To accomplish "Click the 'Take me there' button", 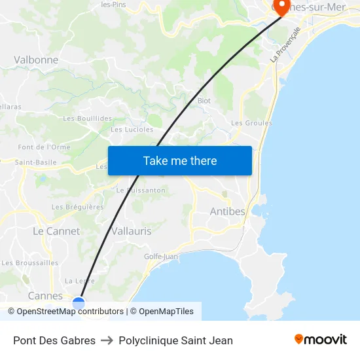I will [x=180, y=161].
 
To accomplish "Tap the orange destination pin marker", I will [x=281, y=6].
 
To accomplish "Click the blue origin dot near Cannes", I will [x=79, y=302].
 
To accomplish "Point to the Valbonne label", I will [x=36, y=60].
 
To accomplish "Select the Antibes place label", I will [x=227, y=211].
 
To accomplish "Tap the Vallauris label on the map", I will [x=131, y=231].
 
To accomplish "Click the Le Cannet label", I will [x=56, y=231].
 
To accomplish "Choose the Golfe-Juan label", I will [x=161, y=257].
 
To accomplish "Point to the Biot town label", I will [x=204, y=101].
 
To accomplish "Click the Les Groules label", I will [x=252, y=123].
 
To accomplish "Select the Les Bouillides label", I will [x=88, y=118].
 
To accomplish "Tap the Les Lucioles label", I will [x=132, y=130].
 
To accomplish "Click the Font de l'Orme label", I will [x=44, y=147].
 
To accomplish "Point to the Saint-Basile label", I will [x=36, y=162].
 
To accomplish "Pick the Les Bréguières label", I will [x=78, y=207].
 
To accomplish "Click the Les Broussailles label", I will [x=30, y=263].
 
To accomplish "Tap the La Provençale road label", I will [x=285, y=45].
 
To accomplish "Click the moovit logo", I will [x=320, y=340].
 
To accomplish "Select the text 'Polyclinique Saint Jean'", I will [x=176, y=340].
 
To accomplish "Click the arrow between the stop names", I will [x=107, y=340].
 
